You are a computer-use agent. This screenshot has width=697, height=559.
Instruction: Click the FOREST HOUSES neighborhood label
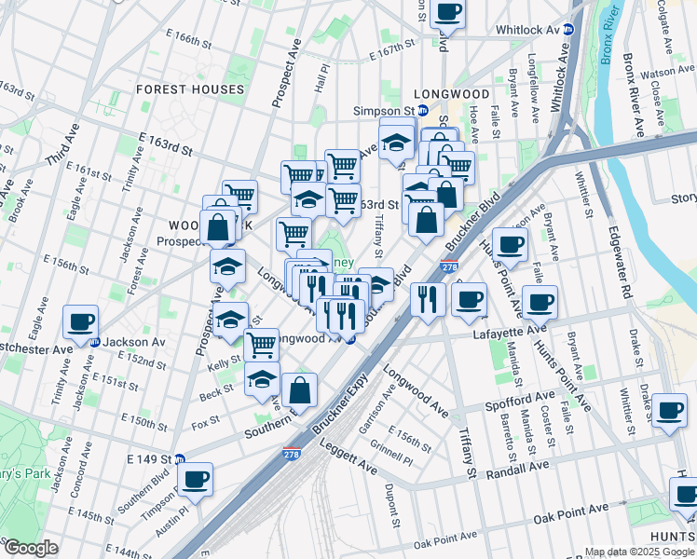point(190,89)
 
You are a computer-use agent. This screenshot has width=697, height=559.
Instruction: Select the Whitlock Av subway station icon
point(568,30)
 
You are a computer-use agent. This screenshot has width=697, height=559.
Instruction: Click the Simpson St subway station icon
point(422,110)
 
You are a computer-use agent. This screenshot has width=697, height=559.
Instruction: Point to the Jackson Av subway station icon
point(94,342)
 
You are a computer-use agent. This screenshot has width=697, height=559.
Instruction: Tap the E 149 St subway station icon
point(179,459)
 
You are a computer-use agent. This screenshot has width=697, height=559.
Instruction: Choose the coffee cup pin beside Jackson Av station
point(81,322)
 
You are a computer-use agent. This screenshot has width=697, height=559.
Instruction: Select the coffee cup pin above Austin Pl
point(195,479)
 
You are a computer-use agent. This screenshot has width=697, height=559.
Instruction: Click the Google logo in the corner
point(30,548)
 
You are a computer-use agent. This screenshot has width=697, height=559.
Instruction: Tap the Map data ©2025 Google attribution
point(638,552)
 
